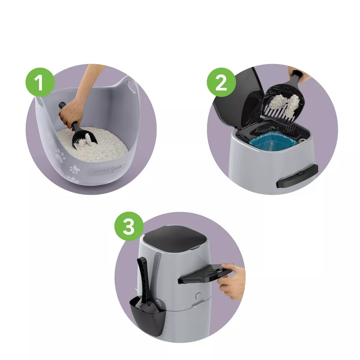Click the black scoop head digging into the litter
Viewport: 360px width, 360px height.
[85, 139]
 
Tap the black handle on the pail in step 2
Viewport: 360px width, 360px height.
[297, 176]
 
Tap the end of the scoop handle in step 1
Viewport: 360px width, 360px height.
[62, 105]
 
